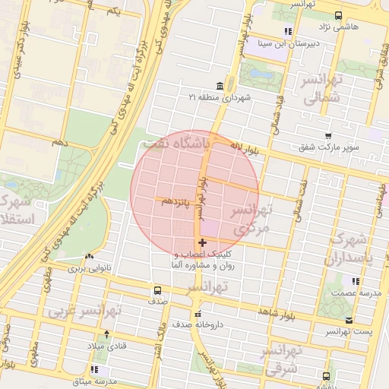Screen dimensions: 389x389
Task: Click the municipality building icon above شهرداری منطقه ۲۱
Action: [220, 84]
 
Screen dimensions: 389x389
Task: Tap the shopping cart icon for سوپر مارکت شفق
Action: [327, 135]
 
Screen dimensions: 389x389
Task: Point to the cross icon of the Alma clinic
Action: [201, 242]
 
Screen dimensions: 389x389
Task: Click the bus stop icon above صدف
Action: [157, 290]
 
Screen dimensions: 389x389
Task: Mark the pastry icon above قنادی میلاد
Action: [106, 334]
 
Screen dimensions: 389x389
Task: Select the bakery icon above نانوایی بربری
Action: [90, 257]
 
